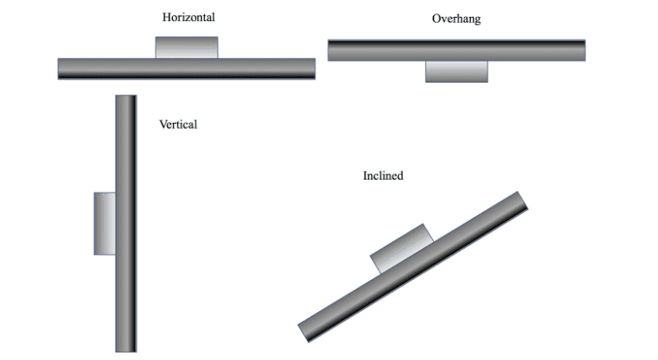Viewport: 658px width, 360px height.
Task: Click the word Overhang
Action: coord(456,19)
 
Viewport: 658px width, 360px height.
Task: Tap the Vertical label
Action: coord(178,125)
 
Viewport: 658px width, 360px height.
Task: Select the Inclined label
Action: coord(383,176)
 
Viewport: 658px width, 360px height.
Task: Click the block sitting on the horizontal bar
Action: coord(186,47)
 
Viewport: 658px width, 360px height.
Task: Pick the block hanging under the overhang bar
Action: coord(456,72)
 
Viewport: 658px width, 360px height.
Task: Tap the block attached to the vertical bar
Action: coord(105,223)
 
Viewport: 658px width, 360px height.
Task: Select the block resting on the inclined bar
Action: coord(402,249)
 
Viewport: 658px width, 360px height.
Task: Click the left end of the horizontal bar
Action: coord(62,68)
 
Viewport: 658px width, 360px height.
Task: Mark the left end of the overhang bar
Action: coord(332,50)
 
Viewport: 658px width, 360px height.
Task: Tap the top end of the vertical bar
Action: coord(126,99)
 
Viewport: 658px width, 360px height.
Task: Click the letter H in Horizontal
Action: coord(166,16)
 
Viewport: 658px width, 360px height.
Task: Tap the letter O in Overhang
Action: coord(436,19)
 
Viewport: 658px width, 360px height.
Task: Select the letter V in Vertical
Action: coord(163,125)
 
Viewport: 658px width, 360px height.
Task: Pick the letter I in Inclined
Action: coord(365,176)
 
